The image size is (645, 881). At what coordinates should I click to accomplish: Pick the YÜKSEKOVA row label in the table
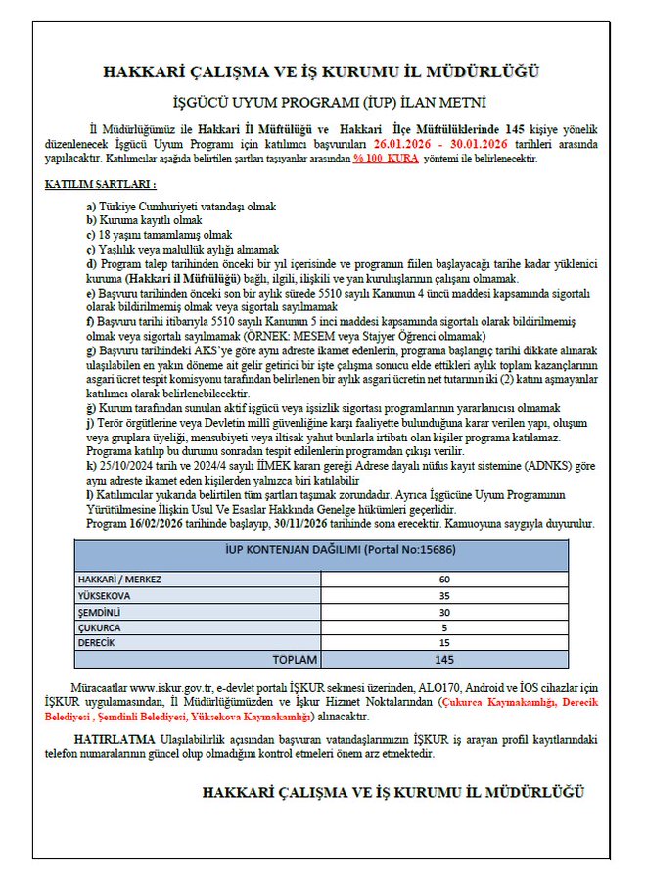point(105,594)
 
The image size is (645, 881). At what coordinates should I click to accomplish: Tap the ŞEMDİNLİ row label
point(101,610)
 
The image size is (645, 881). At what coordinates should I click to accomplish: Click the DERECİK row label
point(98,642)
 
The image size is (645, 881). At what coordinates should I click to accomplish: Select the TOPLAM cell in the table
point(295,659)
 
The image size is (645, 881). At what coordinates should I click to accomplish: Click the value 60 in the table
point(444,579)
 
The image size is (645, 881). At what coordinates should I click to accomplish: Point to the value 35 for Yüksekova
point(444,594)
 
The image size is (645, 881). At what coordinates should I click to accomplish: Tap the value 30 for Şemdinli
point(444,610)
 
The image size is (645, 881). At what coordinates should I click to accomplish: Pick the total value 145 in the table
point(444,659)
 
